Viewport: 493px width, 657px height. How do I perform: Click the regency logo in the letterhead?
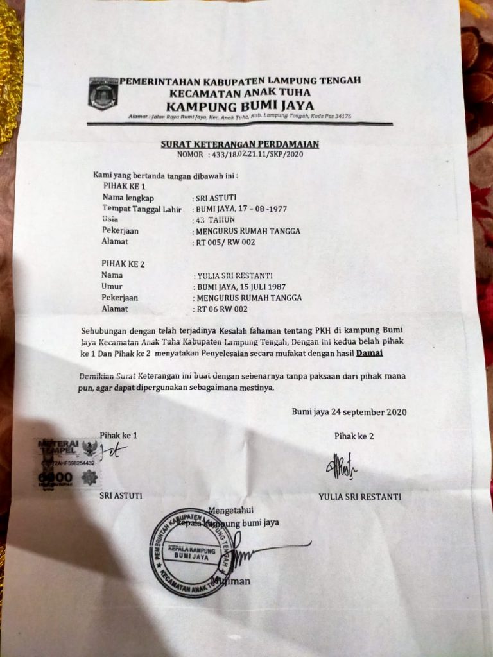click(x=103, y=94)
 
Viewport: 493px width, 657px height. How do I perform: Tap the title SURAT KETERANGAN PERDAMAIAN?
click(x=239, y=144)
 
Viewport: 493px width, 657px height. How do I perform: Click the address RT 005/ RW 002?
click(x=228, y=242)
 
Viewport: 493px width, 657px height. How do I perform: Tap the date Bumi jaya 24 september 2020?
click(x=349, y=412)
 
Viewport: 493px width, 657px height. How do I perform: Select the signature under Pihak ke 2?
click(x=341, y=465)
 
